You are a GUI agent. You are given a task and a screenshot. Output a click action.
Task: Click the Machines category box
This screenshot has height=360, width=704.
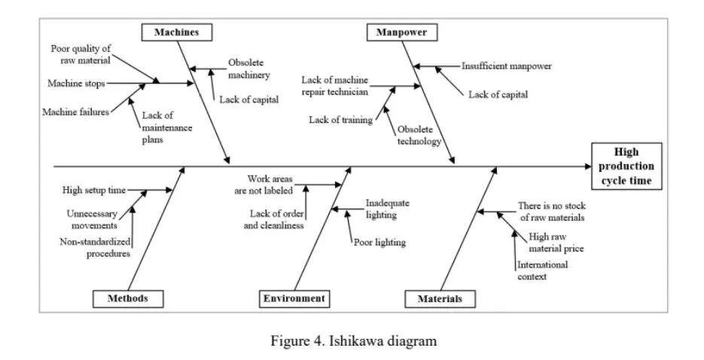pos(177,32)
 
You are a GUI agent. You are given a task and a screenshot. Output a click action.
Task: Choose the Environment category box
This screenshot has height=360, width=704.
pos(294,298)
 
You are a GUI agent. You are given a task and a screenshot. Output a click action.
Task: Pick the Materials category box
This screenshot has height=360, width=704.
pos(440,299)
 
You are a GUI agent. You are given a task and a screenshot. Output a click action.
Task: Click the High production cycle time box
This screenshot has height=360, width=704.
pos(626,166)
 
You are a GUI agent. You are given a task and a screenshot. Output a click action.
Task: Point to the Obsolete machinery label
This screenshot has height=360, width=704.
pos(249,69)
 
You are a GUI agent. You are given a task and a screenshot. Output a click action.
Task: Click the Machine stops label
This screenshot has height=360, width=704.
pos(76,83)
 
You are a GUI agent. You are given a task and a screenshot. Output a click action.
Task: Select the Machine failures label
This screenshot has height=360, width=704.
pos(75,112)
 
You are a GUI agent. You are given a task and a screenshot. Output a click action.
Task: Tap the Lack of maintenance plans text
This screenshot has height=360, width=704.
pos(166,127)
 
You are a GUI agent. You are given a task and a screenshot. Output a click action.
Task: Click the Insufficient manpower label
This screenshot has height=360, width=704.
pos(506,66)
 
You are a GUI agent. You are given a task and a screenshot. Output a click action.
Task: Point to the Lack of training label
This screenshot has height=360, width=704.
pos(341,119)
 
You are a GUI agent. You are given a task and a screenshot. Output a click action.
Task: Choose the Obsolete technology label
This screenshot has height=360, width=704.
pos(419,135)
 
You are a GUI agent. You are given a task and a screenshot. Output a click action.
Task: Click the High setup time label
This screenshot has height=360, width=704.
pos(94,190)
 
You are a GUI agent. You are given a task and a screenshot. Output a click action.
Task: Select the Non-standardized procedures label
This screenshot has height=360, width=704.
pos(95,247)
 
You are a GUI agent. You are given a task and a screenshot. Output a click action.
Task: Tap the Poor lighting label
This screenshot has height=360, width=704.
pos(379,243)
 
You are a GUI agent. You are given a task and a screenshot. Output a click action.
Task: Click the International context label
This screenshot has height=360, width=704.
pos(542,270)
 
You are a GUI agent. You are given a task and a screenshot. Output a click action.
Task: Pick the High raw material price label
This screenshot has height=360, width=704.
pos(556,242)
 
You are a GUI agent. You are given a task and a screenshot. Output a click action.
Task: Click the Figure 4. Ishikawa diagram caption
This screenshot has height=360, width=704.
pos(353,341)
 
